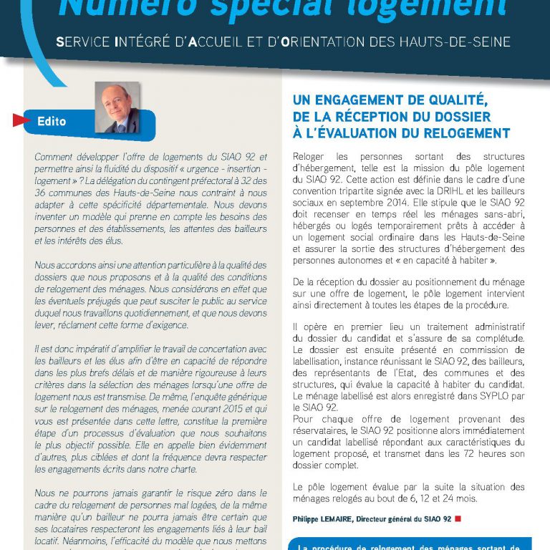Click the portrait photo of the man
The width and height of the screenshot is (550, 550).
117,107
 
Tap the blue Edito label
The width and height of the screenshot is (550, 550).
52,121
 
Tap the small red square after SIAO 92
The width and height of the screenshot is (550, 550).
458,518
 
